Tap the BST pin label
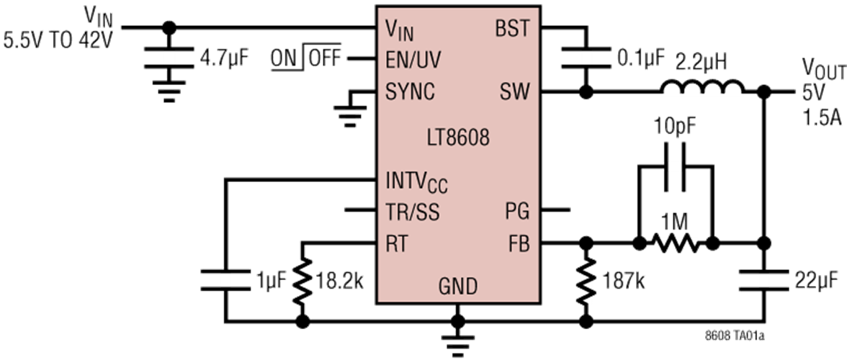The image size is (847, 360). (512, 30)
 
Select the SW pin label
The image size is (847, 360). (514, 91)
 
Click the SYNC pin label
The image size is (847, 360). (411, 92)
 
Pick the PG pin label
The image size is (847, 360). (518, 212)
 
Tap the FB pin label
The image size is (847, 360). (517, 245)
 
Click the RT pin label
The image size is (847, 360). (397, 245)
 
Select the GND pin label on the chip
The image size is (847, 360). (458, 287)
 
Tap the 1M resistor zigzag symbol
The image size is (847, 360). (675, 245)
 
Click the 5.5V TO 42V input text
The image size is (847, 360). (58, 40)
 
